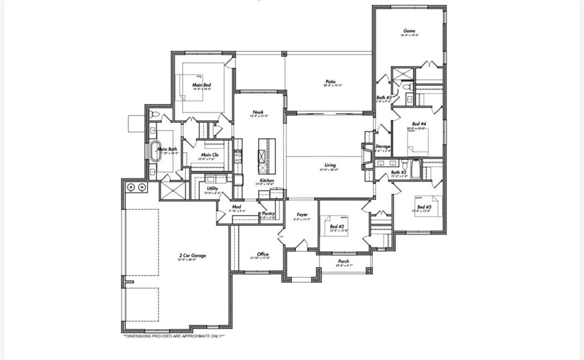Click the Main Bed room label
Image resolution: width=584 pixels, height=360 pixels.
(201, 85)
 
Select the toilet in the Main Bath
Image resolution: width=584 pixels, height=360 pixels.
(155, 114)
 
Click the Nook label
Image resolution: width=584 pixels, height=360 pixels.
(258, 112)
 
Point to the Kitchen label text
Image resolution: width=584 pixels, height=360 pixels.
(267, 180)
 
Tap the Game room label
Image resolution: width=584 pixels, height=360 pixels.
(409, 31)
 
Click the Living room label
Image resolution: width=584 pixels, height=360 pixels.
(330, 165)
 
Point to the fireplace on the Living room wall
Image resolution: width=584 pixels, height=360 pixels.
(364, 153)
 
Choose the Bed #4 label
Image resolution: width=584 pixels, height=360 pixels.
(419, 124)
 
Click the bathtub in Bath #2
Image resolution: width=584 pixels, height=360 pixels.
(416, 169)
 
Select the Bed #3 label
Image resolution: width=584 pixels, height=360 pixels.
(424, 207)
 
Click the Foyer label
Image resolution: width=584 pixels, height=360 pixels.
(302, 215)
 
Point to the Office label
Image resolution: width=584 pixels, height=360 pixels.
(262, 254)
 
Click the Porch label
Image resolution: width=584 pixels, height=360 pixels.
(343, 261)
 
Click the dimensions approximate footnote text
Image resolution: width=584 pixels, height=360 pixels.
(174, 336)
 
